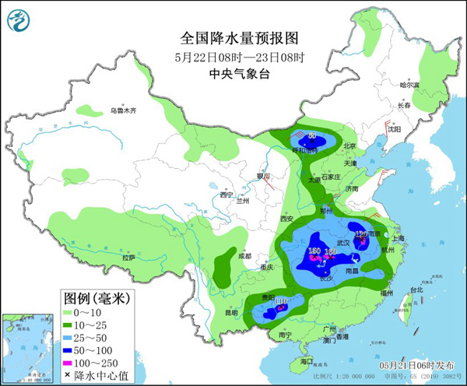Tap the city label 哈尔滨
tap(409, 85)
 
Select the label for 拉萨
tap(129, 257)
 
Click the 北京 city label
tap(349, 146)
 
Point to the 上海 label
tap(402, 239)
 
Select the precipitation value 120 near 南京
tap(361, 233)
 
